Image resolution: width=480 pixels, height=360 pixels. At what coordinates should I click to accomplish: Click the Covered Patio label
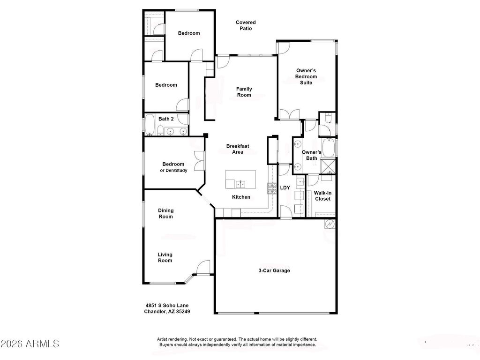[246, 25]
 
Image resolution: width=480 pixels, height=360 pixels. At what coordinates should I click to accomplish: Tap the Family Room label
[244, 92]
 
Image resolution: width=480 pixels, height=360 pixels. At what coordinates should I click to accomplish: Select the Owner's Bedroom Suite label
[306, 76]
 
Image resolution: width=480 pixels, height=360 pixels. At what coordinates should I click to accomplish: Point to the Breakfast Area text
[238, 149]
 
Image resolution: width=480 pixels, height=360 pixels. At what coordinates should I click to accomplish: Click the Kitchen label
[241, 197]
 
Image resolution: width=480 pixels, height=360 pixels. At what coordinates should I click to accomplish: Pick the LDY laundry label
[285, 188]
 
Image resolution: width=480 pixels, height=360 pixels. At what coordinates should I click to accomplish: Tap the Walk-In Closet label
[322, 196]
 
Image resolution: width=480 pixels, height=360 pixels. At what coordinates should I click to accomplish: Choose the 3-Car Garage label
[274, 270]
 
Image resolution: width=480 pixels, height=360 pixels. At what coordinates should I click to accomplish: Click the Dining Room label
[165, 214]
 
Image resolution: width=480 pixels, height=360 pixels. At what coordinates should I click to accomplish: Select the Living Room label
[165, 257]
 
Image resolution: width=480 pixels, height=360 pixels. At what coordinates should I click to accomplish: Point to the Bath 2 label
[166, 119]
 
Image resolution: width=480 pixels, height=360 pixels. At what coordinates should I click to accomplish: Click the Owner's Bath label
[312, 155]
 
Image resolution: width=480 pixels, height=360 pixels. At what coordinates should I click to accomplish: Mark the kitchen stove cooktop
[271, 188]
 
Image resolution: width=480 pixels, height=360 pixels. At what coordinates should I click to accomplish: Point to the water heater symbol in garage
[330, 225]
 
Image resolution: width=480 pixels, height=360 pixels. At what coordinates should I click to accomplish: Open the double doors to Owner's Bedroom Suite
[290, 114]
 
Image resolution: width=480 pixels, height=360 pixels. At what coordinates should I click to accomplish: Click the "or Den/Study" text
[173, 171]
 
